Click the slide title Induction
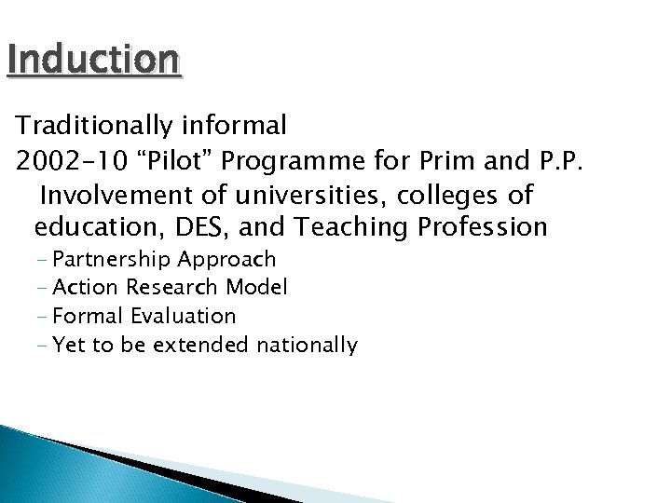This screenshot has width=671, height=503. [x=92, y=61]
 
